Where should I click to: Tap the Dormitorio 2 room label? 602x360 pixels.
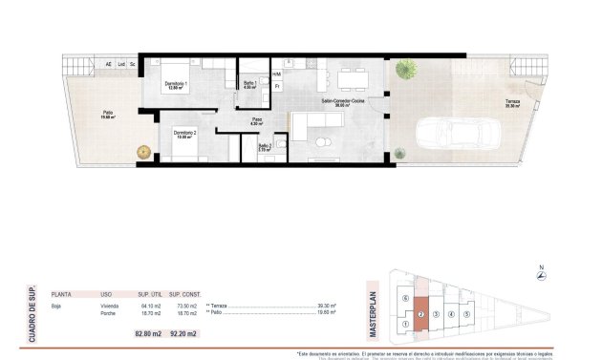[185, 133]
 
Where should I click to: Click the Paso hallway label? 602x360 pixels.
[256, 121]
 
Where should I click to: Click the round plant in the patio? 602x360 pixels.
[143, 150]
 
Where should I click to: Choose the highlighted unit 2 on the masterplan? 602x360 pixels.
[420, 314]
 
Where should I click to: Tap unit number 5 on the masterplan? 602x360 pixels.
[467, 314]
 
